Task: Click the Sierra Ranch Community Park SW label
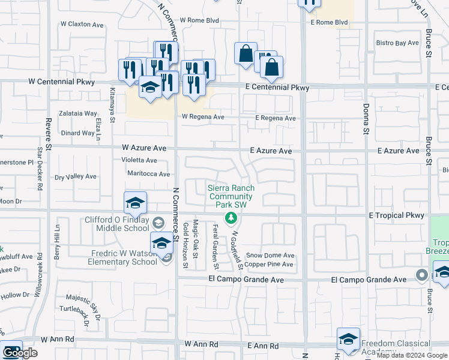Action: [x=231, y=196]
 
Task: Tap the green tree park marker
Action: [x=229, y=217]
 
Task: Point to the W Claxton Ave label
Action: [x=82, y=25]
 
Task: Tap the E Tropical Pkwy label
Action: [x=396, y=215]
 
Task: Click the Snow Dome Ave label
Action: [x=270, y=255]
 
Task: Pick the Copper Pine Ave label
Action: [x=269, y=265]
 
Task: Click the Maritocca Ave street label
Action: [x=149, y=174]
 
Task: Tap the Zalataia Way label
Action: [x=78, y=113]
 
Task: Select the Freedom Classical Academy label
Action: [x=395, y=348]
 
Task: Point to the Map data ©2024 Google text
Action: [x=412, y=355]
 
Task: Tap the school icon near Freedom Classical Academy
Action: [x=348, y=340]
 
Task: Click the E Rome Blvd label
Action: [x=329, y=23]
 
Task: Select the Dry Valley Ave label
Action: [x=76, y=177]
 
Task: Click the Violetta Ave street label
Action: [x=139, y=160]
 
